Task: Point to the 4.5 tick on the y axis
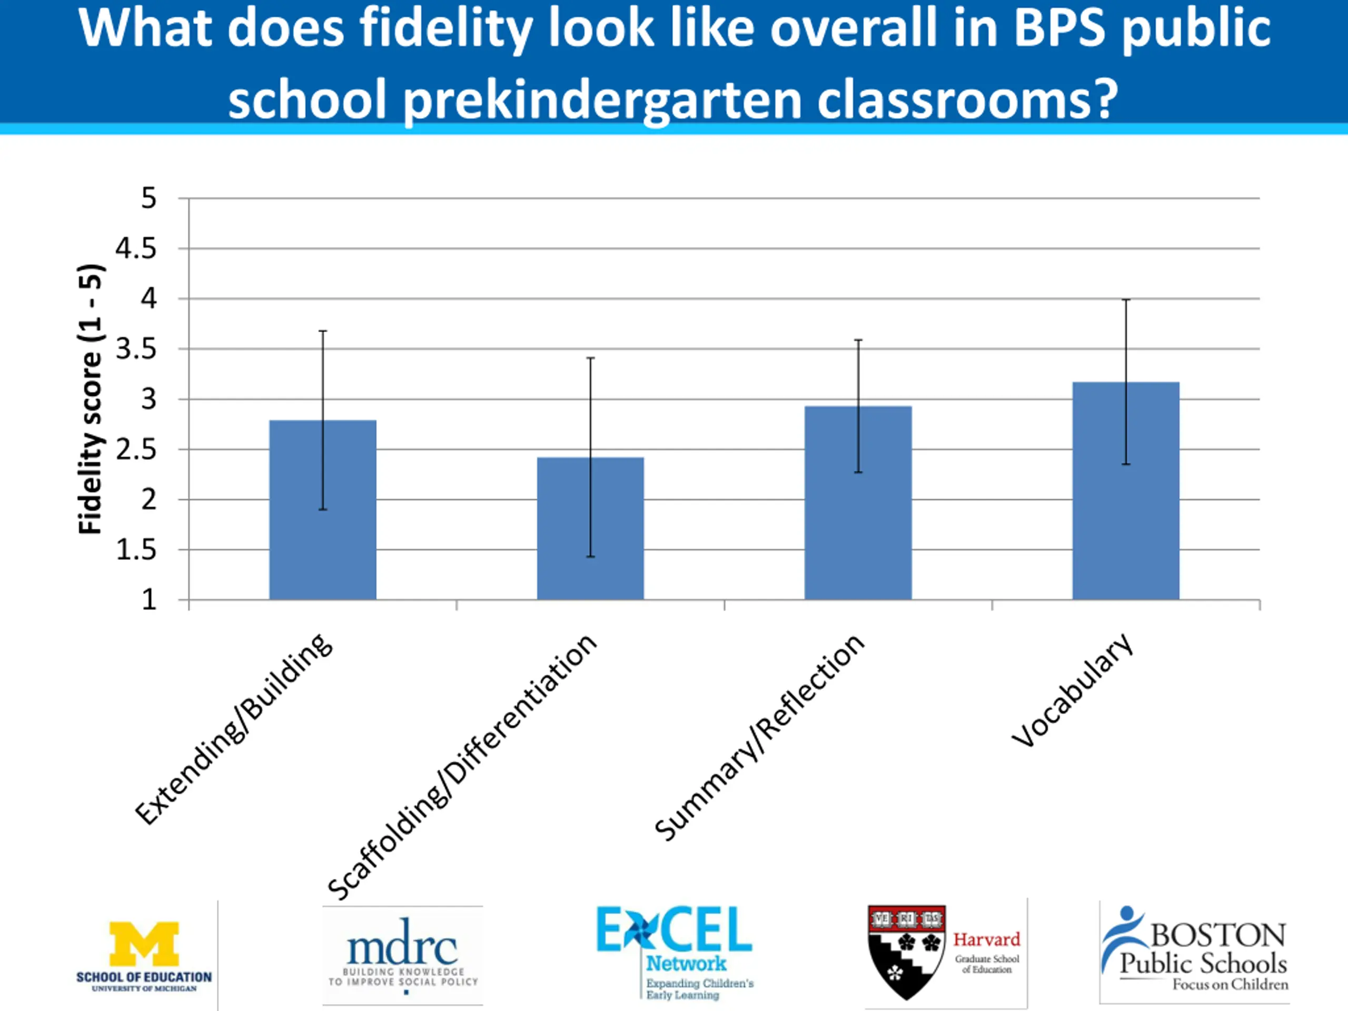pyautogui.click(x=136, y=249)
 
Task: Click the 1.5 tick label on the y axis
pyautogui.click(x=136, y=550)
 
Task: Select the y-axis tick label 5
pyautogui.click(x=148, y=198)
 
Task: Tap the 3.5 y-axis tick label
pyautogui.click(x=136, y=349)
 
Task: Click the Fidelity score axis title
pyautogui.click(x=90, y=399)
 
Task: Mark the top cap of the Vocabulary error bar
pyautogui.click(x=1126, y=300)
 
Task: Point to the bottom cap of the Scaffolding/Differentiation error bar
pyautogui.click(x=590, y=557)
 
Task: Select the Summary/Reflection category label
pyautogui.click(x=759, y=737)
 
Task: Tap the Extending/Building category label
pyautogui.click(x=233, y=729)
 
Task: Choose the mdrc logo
pyautogui.click(x=402, y=948)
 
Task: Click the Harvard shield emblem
pyautogui.click(x=906, y=950)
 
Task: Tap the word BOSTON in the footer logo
pyautogui.click(x=1217, y=935)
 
